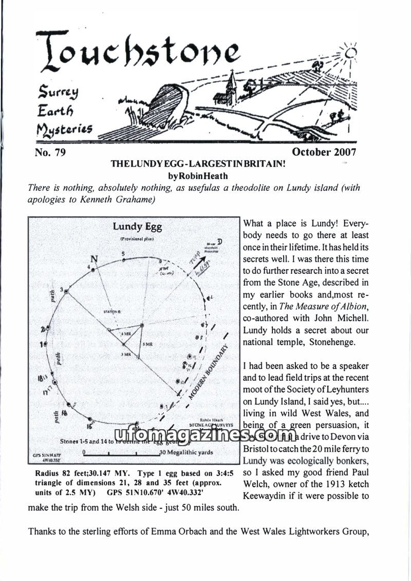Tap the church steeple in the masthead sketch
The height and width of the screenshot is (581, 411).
[x=232, y=82]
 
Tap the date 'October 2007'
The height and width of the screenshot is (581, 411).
[x=324, y=152]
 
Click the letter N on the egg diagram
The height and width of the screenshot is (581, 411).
[x=94, y=258]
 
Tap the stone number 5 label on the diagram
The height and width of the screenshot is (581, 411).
[x=123, y=254]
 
